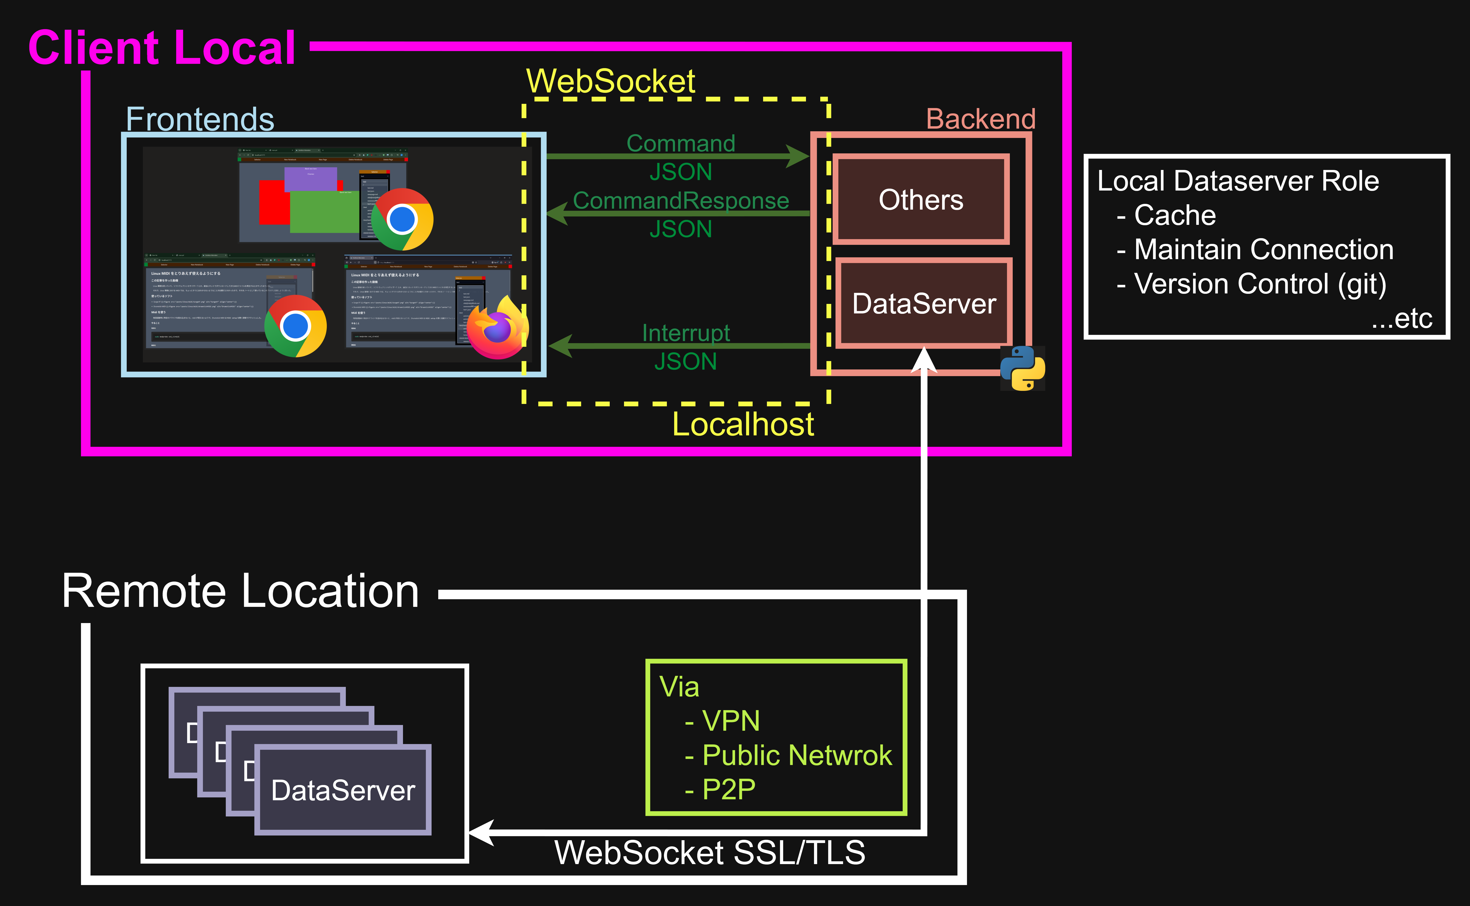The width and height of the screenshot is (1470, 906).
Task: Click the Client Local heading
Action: click(162, 48)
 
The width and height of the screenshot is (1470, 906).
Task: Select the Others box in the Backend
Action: click(921, 199)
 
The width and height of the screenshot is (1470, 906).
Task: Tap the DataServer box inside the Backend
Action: click(924, 303)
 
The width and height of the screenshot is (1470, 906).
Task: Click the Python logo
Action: click(1023, 368)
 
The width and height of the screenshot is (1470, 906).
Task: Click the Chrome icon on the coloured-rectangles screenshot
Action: click(402, 219)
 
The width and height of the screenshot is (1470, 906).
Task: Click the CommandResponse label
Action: click(680, 201)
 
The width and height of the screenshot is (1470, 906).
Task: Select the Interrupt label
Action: click(686, 332)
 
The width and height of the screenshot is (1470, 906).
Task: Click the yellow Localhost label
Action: click(743, 424)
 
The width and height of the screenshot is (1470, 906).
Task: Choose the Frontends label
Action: click(200, 119)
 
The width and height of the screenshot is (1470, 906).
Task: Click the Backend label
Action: click(981, 119)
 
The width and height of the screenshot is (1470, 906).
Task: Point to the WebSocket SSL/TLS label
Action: click(710, 853)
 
